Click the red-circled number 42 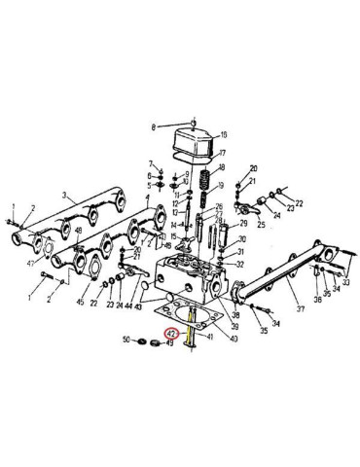[171, 333]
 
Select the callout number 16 [223, 134]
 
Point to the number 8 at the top [154, 127]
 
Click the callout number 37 [302, 309]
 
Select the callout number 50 [126, 341]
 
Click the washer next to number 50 [139, 341]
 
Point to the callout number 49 [169, 342]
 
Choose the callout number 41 [208, 338]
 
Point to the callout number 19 [222, 185]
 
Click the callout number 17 [223, 153]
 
